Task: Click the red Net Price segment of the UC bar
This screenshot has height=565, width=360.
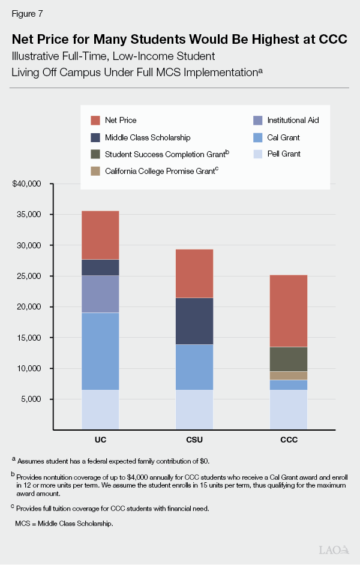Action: tap(100, 235)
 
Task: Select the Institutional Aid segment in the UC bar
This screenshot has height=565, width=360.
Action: tap(100, 294)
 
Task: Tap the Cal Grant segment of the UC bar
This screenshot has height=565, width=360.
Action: tap(100, 351)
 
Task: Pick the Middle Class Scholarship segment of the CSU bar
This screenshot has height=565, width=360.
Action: tap(194, 321)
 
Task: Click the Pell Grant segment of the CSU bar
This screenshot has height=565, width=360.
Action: tap(194, 410)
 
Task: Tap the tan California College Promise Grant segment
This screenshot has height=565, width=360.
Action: tap(289, 375)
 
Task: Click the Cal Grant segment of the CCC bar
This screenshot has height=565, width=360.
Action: tap(289, 384)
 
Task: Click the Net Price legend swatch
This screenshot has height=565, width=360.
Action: tap(95, 121)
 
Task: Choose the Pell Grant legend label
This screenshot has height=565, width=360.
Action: tap(284, 154)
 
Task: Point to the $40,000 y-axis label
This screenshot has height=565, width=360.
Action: tap(26, 184)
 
